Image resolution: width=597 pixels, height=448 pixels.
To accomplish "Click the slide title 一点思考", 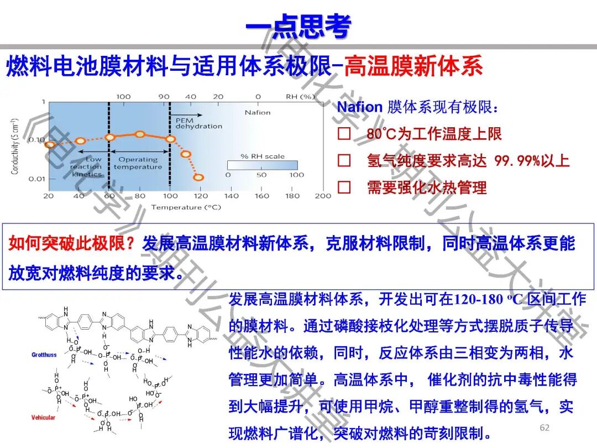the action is tap(298, 25).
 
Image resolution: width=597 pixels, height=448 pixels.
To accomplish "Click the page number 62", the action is tap(544, 428).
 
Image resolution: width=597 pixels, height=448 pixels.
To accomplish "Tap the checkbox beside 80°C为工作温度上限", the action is tap(344, 134).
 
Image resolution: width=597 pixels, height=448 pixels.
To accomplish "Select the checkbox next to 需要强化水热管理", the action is tap(344, 187).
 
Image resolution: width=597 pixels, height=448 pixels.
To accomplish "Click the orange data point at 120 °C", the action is tap(198, 178).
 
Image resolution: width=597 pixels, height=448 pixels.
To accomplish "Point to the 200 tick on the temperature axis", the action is tap(323, 196).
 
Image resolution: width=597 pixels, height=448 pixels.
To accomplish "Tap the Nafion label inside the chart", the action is tap(258, 112).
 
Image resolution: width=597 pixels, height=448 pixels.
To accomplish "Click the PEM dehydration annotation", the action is tap(198, 123).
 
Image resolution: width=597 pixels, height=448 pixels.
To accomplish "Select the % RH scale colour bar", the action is tap(263, 165).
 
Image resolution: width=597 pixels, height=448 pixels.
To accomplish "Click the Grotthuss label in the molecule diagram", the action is tap(44, 355).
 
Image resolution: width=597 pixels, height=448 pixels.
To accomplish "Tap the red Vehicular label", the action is tap(43, 418).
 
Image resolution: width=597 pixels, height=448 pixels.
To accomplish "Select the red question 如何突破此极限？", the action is tap(72, 243).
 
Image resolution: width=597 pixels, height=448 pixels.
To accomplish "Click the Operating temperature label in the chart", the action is tap(138, 163).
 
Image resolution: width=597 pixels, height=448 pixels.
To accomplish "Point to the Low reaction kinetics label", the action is tap(87, 166).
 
